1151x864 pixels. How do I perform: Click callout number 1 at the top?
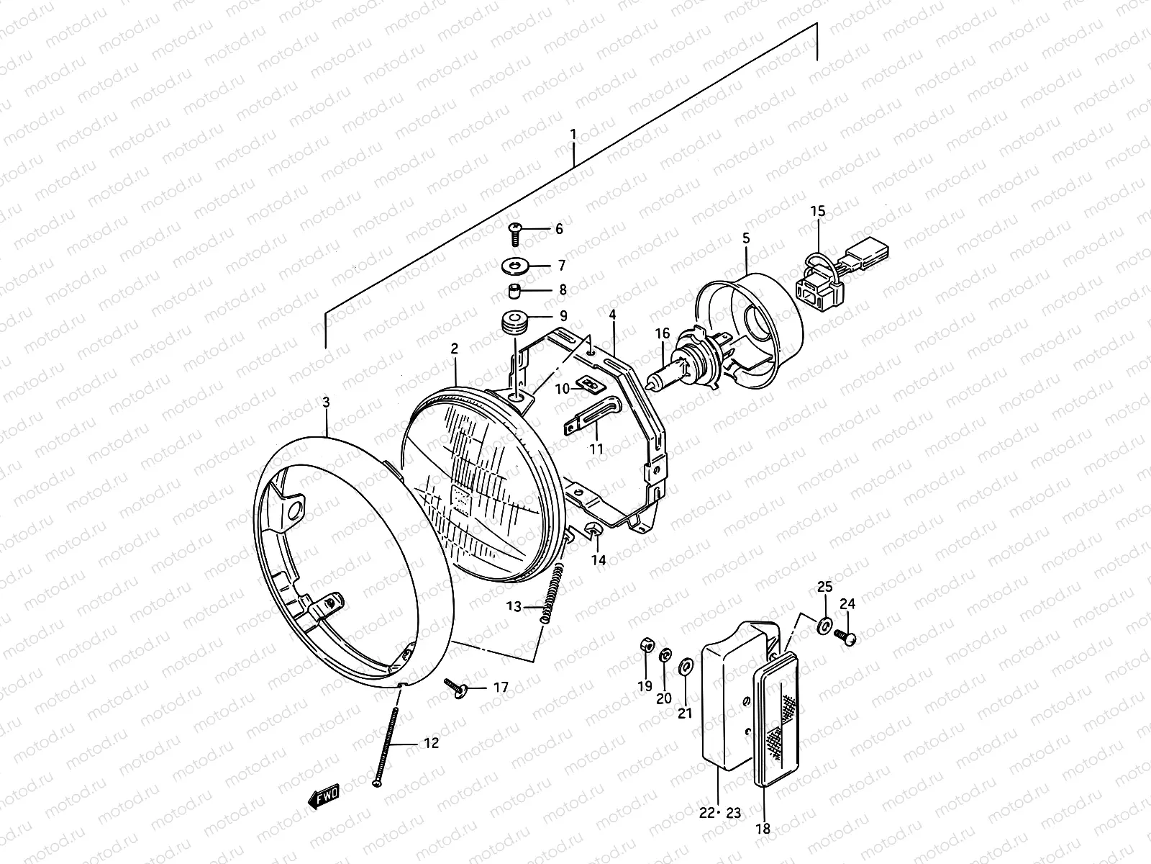(x=573, y=134)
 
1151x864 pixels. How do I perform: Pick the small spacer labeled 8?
(x=514, y=291)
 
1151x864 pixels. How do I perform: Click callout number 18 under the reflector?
(x=763, y=829)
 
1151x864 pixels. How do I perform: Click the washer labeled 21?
(x=685, y=662)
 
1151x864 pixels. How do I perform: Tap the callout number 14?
(x=599, y=560)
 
